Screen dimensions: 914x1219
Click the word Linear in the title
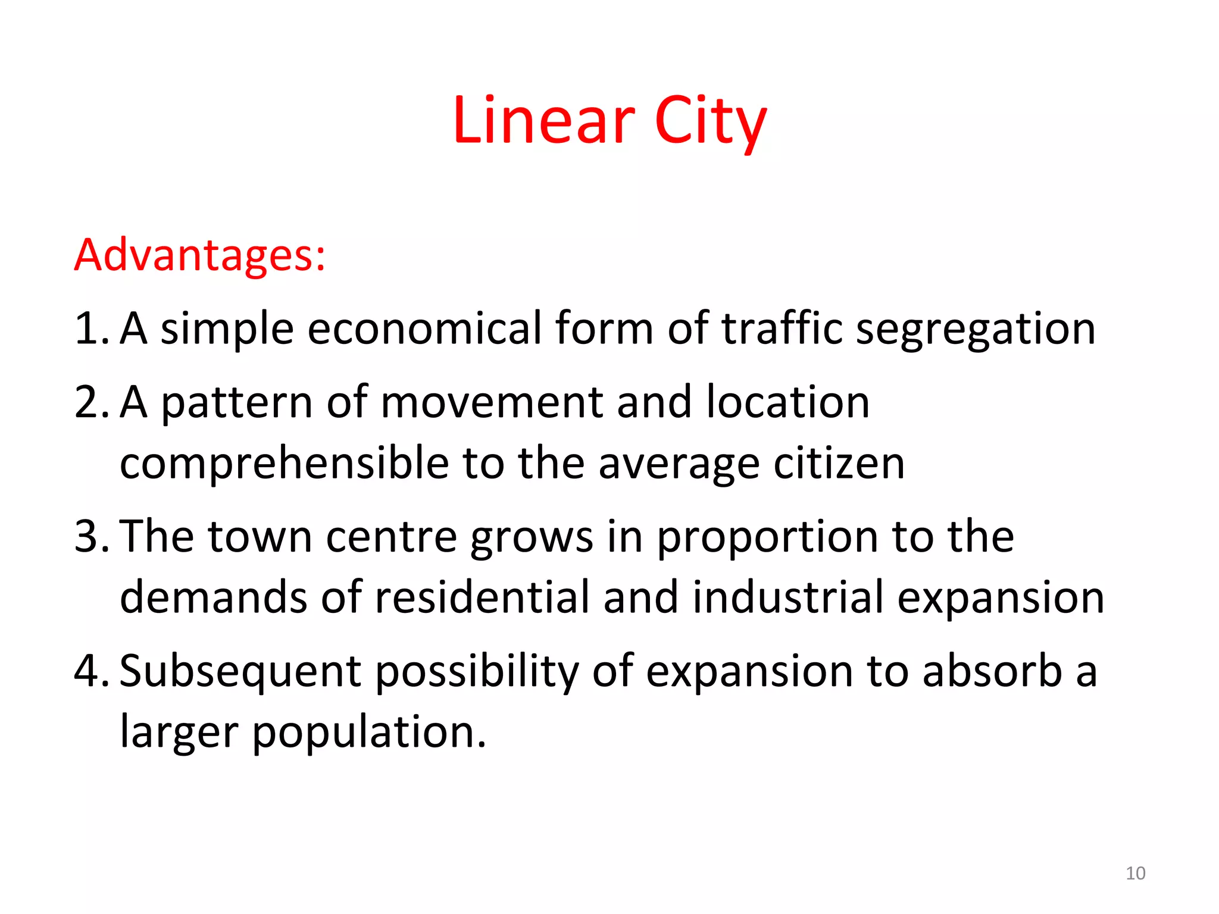click(x=543, y=121)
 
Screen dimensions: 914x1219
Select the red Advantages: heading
click(x=200, y=255)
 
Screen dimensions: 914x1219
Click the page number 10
click(x=1136, y=873)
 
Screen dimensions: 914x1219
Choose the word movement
click(x=491, y=402)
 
